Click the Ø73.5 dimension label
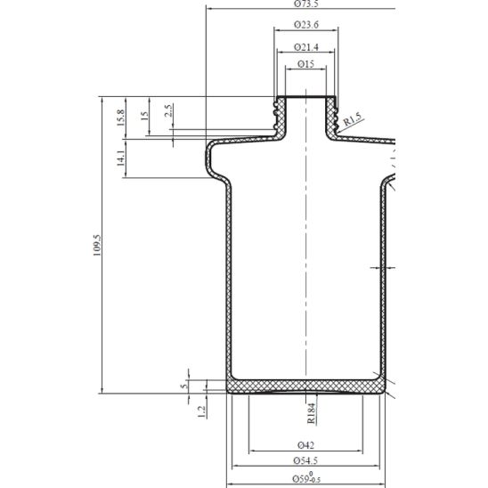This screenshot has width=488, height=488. (x=306, y=4)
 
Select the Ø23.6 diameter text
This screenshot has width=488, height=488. (x=306, y=25)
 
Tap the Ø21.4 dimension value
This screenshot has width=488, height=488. (x=306, y=45)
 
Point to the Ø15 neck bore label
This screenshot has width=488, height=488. (x=306, y=65)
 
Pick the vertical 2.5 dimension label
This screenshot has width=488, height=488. (x=168, y=112)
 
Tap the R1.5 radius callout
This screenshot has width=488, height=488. (x=353, y=118)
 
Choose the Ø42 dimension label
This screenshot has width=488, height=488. (x=306, y=444)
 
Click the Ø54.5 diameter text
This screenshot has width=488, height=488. (x=306, y=460)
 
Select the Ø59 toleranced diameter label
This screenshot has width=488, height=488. (x=306, y=478)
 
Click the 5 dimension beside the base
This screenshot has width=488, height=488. (x=184, y=385)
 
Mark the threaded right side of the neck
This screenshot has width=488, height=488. (x=336, y=112)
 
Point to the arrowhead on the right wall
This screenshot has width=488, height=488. (x=376, y=265)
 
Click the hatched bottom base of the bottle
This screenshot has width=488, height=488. (x=306, y=386)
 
